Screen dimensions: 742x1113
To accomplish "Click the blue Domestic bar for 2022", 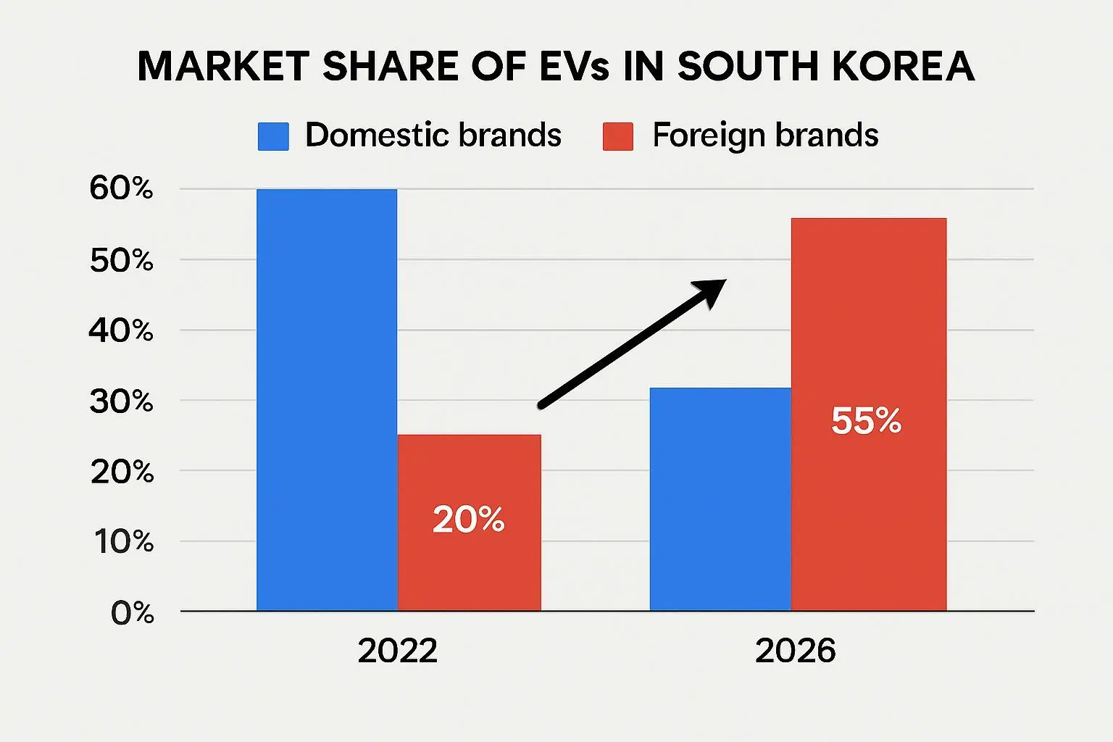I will click(327, 399).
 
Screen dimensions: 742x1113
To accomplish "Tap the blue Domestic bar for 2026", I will click(720, 499).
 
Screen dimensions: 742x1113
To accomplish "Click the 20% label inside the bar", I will click(468, 520).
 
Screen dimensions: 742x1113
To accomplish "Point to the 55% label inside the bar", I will click(866, 421).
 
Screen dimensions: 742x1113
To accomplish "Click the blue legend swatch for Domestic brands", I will click(273, 136).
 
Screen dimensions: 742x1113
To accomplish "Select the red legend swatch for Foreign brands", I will click(618, 136).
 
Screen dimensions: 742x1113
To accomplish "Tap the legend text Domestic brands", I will click(433, 136).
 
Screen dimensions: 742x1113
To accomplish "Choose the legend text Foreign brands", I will click(765, 136).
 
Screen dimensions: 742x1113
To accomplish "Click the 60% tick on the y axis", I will click(121, 189).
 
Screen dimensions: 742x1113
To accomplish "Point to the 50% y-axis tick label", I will click(121, 260).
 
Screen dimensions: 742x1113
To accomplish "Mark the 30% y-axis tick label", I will click(121, 401).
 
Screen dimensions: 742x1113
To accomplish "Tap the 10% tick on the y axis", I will click(123, 542).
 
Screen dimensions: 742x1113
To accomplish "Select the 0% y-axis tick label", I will click(133, 613).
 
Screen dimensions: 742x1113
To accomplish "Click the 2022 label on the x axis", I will click(397, 651).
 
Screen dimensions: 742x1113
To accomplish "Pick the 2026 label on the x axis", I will click(795, 651).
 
